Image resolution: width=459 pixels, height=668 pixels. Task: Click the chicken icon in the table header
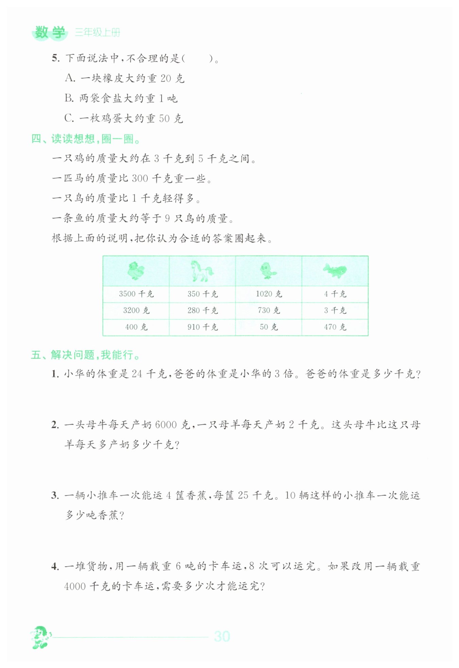(x=136, y=271)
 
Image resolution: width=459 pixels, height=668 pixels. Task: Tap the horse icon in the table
(x=202, y=271)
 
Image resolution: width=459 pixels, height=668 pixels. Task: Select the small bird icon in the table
(x=268, y=271)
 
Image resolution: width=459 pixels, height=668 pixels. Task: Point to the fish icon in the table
(x=335, y=271)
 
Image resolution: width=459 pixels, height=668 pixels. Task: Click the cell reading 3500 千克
(x=136, y=294)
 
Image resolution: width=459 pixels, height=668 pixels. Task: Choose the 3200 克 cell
(x=136, y=310)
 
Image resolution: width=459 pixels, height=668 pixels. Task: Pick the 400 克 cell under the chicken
(x=136, y=327)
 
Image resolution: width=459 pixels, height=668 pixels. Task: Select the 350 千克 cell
(x=202, y=294)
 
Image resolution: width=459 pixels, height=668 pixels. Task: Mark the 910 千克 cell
(x=202, y=327)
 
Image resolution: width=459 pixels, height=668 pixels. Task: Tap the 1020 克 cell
(x=269, y=294)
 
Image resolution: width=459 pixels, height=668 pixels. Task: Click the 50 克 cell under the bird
(x=269, y=327)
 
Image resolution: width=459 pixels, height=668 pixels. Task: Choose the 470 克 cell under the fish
(x=335, y=327)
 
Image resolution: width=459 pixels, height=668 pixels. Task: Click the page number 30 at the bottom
(x=222, y=636)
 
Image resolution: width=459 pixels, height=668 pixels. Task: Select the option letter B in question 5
(x=69, y=98)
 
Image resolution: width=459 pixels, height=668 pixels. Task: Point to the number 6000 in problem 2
(x=166, y=425)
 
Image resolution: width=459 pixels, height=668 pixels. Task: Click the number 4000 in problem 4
(x=75, y=586)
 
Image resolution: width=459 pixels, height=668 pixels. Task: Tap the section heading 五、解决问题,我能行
(x=86, y=355)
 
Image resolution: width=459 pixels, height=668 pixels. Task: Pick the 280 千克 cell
(x=202, y=310)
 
